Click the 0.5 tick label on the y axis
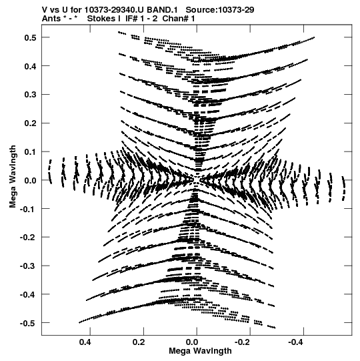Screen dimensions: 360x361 pyautogui.click(x=31, y=37)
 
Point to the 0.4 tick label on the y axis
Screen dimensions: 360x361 pyautogui.click(x=31, y=66)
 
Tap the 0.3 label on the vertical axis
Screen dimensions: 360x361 pyautogui.click(x=31, y=95)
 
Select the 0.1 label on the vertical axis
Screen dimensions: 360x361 pyautogui.click(x=31, y=151)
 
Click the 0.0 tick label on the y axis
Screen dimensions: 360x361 pyautogui.click(x=31, y=180)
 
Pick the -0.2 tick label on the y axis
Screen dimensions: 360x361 pyautogui.click(x=28, y=237)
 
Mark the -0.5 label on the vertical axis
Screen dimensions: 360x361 pyautogui.click(x=28, y=323)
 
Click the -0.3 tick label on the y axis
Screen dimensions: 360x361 pyautogui.click(x=28, y=266)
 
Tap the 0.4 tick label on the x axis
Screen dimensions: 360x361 pyautogui.click(x=85, y=342)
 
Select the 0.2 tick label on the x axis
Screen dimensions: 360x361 pyautogui.click(x=139, y=342)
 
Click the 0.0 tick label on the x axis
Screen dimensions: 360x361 pyautogui.click(x=192, y=342)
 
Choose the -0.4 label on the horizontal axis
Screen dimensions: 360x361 pyautogui.click(x=297, y=342)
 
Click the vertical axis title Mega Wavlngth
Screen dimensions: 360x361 pyautogui.click(x=13, y=177)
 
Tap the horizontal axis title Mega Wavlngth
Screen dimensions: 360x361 pyautogui.click(x=200, y=351)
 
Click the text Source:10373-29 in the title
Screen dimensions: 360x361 pyautogui.click(x=220, y=10)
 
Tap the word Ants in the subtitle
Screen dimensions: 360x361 pyautogui.click(x=51, y=19)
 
